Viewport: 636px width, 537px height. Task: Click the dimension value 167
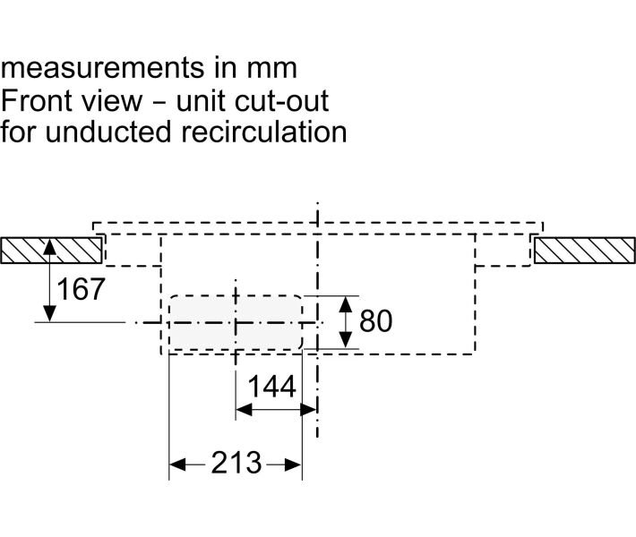coord(81,289)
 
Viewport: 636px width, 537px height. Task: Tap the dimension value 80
coord(375,321)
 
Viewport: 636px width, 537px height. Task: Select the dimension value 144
coord(271,388)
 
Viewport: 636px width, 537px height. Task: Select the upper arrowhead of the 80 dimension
coord(346,302)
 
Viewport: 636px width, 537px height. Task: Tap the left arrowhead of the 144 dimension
coord(241,410)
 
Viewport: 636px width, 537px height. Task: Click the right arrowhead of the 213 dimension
coord(295,464)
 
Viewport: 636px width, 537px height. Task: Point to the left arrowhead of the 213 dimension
coord(176,464)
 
